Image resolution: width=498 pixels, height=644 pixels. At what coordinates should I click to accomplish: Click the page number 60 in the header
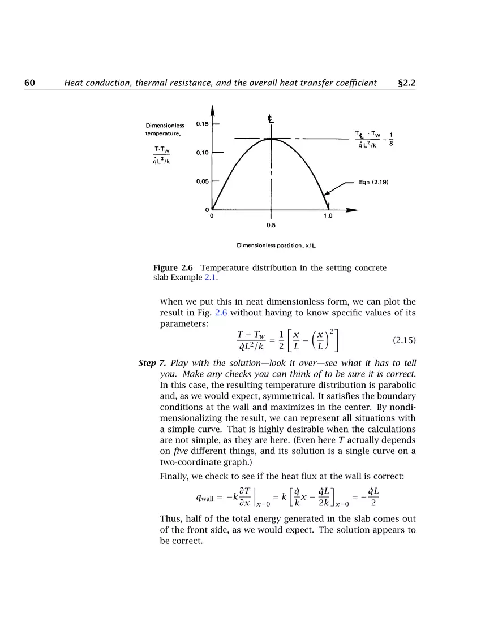point(30,83)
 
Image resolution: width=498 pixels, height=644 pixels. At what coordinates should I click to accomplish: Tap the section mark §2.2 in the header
point(407,83)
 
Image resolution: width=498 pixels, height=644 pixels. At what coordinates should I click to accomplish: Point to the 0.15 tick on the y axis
point(202,124)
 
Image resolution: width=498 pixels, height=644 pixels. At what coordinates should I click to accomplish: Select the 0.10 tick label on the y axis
point(202,153)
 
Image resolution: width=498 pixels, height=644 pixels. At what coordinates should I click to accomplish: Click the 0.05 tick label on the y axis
point(202,181)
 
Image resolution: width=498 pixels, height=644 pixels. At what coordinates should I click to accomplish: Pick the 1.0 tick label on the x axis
point(328,216)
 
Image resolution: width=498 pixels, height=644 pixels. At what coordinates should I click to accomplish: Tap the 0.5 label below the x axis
point(271,225)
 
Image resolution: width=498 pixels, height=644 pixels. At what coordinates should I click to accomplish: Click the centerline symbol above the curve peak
point(271,119)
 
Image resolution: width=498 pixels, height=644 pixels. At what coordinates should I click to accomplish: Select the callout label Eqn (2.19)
point(372,183)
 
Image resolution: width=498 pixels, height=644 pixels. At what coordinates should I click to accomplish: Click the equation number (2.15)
point(404,340)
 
